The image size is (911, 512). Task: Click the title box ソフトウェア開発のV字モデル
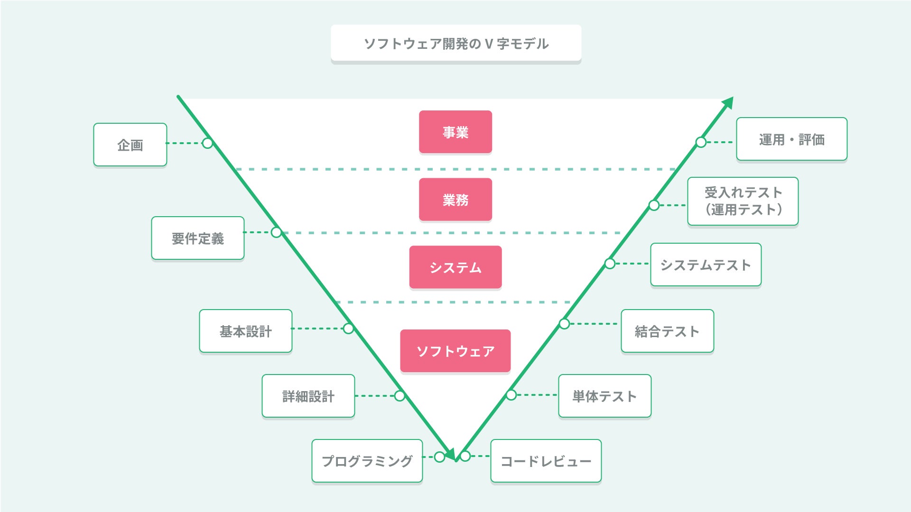point(456,44)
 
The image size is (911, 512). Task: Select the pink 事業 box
point(455,132)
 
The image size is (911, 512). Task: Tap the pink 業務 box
point(455,200)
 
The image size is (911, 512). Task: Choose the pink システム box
point(455,267)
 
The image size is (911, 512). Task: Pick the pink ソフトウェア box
point(455,351)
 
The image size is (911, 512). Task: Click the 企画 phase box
point(130,145)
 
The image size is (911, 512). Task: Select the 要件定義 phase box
point(198,238)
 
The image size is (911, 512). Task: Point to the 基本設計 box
point(246,331)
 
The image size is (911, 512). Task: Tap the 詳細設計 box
point(308,396)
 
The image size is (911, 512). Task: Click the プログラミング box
point(367,461)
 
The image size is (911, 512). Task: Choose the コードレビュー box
point(546,461)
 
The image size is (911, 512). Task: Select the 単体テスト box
point(605,396)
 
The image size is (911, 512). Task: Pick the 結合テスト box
point(668,331)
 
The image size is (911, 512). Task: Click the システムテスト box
point(706,265)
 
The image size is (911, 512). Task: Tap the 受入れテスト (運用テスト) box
point(743,201)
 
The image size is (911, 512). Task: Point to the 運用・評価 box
point(792,139)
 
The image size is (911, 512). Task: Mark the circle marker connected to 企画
point(207,143)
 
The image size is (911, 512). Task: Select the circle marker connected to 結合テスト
point(564,324)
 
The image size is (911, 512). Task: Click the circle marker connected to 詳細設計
point(400,396)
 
